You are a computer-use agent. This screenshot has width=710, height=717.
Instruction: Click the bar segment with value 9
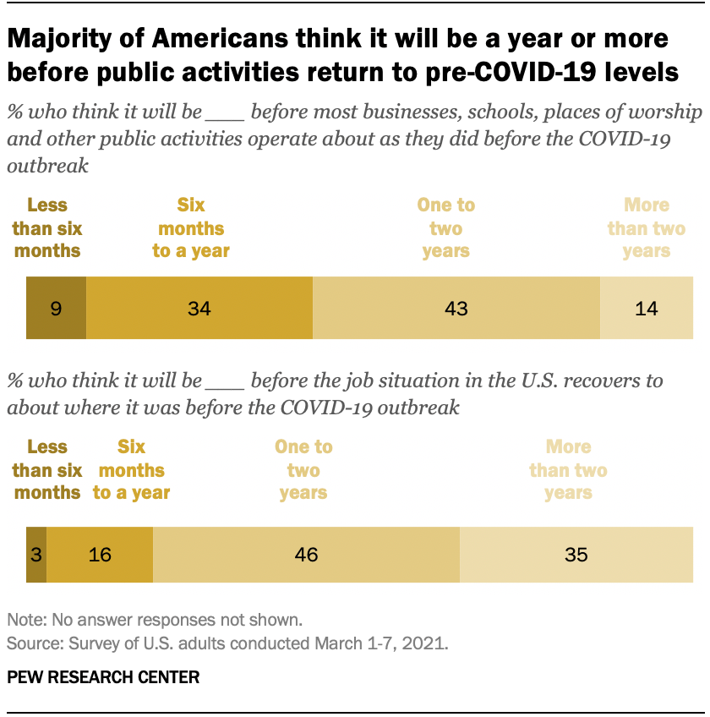click(x=56, y=308)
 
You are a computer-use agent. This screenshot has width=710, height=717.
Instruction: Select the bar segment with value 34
click(x=199, y=308)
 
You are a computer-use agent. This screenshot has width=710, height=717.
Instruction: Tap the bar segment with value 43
click(x=456, y=308)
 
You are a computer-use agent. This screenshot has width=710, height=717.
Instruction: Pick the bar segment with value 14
click(x=647, y=308)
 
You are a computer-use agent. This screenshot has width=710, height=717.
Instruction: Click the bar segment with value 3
click(x=36, y=554)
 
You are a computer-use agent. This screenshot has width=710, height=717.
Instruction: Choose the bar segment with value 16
click(x=100, y=554)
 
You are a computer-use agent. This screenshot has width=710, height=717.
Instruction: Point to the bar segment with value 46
click(x=306, y=554)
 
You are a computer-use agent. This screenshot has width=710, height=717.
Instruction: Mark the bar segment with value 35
click(x=576, y=554)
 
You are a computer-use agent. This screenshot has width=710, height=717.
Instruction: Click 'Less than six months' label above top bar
click(x=47, y=227)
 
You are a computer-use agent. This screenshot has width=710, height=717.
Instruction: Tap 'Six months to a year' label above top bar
click(x=191, y=227)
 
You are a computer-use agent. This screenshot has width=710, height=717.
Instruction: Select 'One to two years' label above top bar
click(x=446, y=227)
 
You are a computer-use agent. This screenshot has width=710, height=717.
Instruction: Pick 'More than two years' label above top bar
click(x=647, y=227)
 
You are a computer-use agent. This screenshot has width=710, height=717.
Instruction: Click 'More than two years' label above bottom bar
click(x=568, y=469)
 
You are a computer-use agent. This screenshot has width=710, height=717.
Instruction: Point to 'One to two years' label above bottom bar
click(x=303, y=469)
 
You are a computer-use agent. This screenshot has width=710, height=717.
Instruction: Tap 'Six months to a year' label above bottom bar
click(x=131, y=469)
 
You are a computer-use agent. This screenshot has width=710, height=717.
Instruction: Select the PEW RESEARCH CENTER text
click(x=103, y=677)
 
